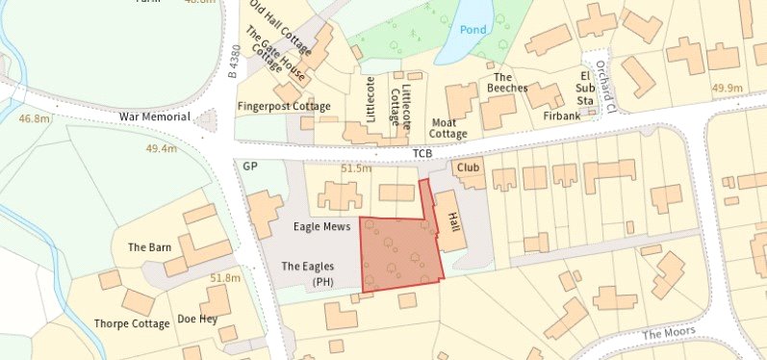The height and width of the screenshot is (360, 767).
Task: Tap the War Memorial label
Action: click(x=155, y=116)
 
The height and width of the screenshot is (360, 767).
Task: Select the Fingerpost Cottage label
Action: click(x=284, y=106)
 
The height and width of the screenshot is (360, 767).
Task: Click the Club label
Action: click(x=469, y=167)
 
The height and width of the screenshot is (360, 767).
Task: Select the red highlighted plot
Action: click(x=399, y=252)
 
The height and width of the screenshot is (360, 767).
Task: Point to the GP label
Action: click(x=250, y=167)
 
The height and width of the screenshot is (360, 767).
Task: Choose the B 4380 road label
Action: click(x=232, y=63)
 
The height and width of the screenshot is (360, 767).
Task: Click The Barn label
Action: click(x=149, y=247)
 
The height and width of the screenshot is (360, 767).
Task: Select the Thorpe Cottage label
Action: click(x=132, y=323)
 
